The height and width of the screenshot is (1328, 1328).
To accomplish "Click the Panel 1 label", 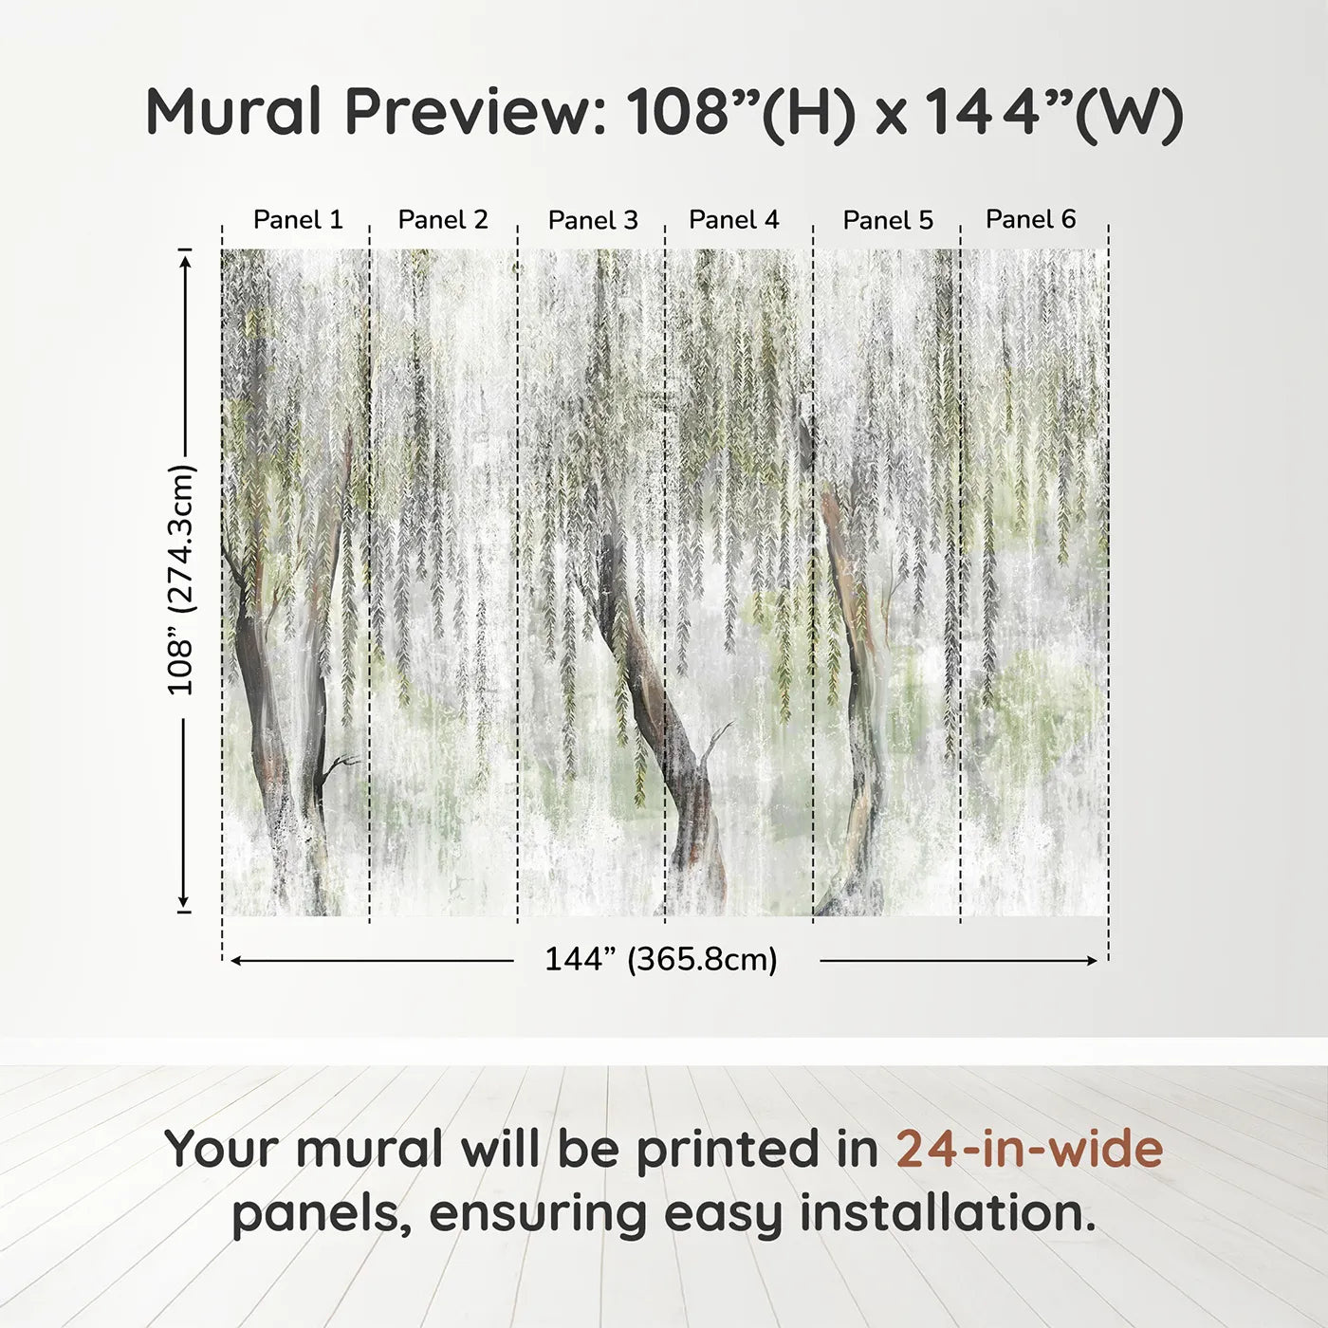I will coord(298,220).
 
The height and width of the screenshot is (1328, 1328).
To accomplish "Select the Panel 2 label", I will coord(443,220).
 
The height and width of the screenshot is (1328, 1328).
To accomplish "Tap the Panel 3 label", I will coord(593,221).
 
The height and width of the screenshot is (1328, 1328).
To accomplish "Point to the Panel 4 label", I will coord(734,220).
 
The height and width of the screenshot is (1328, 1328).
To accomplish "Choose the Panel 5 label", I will coord(888,221).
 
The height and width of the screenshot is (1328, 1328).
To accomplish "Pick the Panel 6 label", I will coord(1031,219).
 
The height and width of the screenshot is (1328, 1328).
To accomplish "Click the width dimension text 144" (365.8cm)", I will coord(661,960).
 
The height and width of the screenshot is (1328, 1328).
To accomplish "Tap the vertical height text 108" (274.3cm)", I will coord(180,581).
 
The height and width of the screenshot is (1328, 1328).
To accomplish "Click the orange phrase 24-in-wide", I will coord(1029,1150).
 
